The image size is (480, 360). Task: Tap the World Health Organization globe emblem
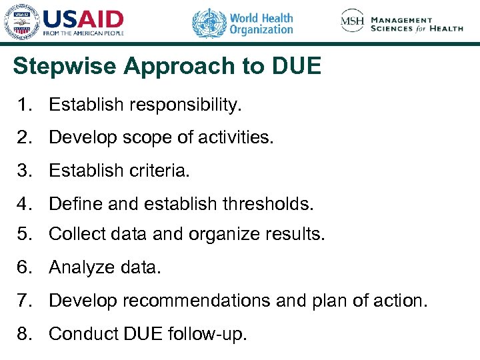(209, 23)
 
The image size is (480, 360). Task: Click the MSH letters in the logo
(353, 21)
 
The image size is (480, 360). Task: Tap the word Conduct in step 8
(77, 333)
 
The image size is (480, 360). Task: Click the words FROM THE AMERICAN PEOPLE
(83, 33)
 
